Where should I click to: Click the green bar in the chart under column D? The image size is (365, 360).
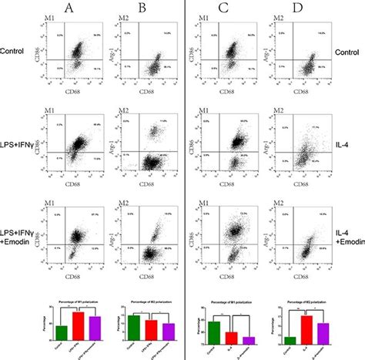click(x=290, y=340)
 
